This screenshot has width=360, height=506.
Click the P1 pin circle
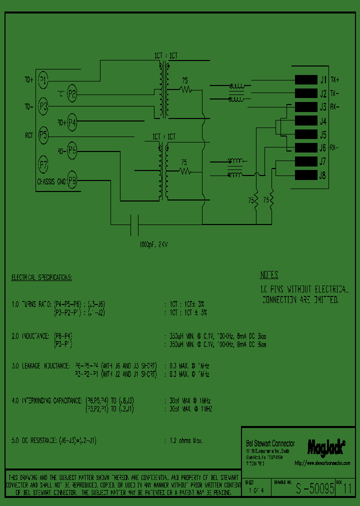[43, 79]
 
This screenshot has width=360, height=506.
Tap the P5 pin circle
[43, 134]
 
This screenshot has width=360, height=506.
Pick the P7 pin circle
[43, 163]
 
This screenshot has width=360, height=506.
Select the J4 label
[322, 121]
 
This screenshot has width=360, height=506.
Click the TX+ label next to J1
[334, 79]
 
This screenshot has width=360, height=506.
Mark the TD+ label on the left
[29, 79]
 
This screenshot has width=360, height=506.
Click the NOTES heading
[269, 275]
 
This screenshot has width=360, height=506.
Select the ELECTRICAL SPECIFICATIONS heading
[41, 277]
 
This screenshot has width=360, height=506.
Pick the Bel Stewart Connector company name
[270, 443]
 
